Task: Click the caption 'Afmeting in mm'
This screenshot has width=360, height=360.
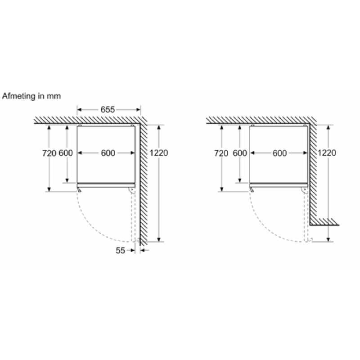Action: pyautogui.click(x=31, y=96)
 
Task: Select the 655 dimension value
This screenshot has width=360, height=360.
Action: pyautogui.click(x=108, y=109)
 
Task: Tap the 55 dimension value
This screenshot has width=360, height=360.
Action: pyautogui.click(x=120, y=250)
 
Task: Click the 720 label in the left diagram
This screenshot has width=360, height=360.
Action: pyautogui.click(x=49, y=153)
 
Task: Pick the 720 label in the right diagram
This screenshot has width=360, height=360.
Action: pyautogui.click(x=221, y=153)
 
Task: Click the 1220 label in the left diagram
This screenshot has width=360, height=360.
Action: pyautogui.click(x=159, y=153)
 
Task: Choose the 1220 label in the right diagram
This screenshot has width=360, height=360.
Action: pyautogui.click(x=327, y=153)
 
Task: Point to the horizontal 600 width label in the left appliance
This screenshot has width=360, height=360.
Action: pyautogui.click(x=108, y=153)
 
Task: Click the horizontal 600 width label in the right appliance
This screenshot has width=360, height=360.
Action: pyautogui.click(x=279, y=153)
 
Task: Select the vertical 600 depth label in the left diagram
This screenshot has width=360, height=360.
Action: pyautogui.click(x=66, y=153)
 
